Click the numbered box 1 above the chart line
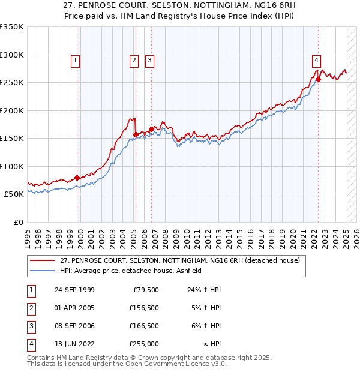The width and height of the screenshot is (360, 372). click(75, 59)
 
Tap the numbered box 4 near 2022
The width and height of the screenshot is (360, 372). click(316, 59)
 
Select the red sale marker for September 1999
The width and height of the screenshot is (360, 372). click(77, 178)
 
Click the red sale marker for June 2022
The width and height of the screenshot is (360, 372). click(319, 79)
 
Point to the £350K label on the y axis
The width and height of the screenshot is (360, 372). click(12, 27)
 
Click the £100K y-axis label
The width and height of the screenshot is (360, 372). click(12, 166)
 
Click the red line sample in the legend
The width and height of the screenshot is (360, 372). click(41, 261)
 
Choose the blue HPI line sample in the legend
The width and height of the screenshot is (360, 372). click(41, 271)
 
